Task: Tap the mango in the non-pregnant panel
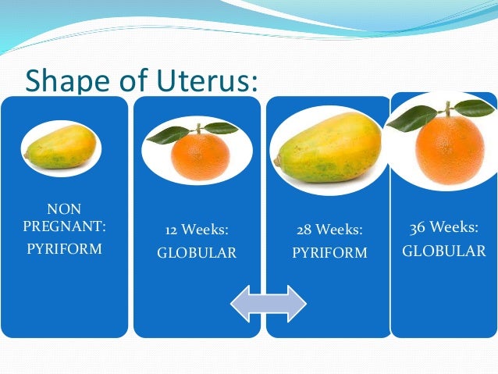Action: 61,148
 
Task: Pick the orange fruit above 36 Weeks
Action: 450,148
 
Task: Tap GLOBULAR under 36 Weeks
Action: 444,251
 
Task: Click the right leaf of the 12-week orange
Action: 222,128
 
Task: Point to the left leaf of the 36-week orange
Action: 411,118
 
